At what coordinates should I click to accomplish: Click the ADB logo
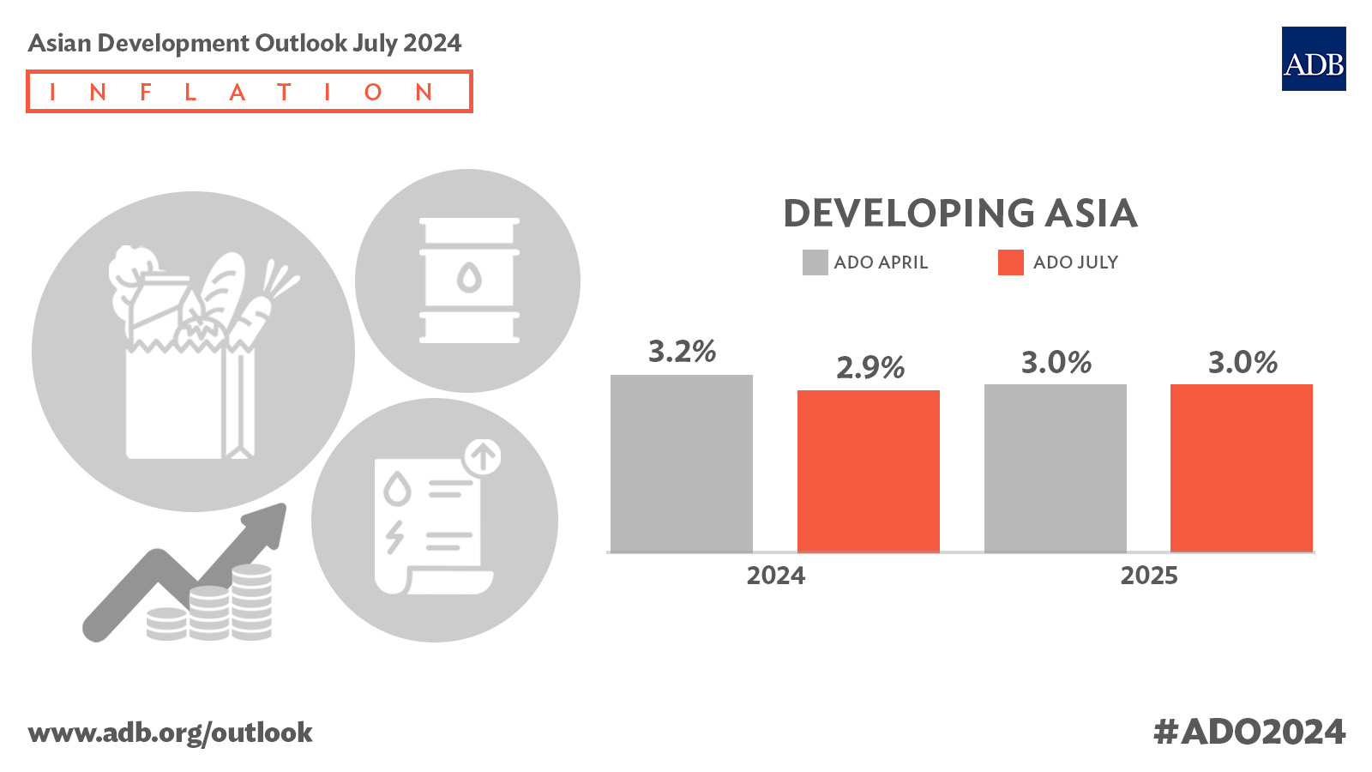click(1313, 58)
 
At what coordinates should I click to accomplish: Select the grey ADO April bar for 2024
click(681, 463)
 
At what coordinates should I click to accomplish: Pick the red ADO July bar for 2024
click(868, 471)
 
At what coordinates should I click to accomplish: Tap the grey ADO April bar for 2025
click(1055, 467)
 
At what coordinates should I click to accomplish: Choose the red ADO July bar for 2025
click(1241, 467)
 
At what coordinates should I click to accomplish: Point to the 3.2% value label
click(682, 351)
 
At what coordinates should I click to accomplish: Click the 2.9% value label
click(870, 367)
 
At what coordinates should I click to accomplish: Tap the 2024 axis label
click(775, 575)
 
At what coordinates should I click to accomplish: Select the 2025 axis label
click(1148, 575)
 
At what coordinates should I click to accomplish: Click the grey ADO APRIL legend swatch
click(815, 262)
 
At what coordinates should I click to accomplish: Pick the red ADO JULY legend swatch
click(1010, 262)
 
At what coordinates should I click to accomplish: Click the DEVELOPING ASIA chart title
click(960, 213)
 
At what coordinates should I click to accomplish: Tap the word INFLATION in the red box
click(249, 92)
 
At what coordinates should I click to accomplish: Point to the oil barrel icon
click(468, 280)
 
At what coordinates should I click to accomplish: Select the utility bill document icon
click(429, 525)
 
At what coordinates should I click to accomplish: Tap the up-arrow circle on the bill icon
click(483, 456)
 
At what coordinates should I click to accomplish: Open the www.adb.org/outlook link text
click(170, 733)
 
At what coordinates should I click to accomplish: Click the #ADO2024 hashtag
click(1249, 732)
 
